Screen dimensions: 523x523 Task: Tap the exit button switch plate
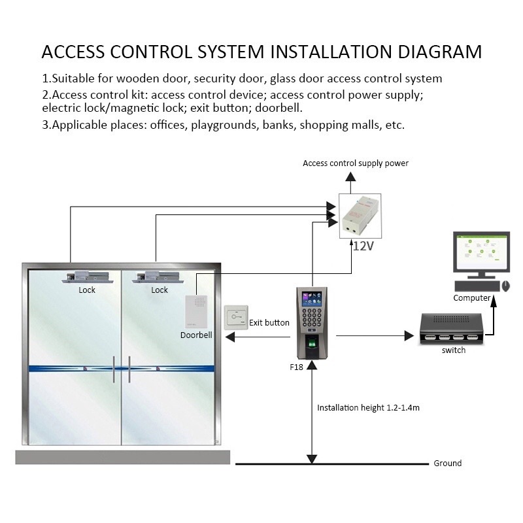[235, 320]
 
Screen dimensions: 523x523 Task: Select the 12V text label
[363, 246]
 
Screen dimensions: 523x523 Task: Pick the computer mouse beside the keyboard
[505, 286]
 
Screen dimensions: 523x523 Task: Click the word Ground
[448, 464]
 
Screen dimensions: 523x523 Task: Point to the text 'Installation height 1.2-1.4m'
[368, 407]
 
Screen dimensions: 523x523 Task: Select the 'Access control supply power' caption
[356, 163]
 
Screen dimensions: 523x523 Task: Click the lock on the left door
[87, 278]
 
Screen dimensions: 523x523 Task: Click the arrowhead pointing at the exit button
[229, 337]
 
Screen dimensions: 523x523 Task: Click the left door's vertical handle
[114, 370]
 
